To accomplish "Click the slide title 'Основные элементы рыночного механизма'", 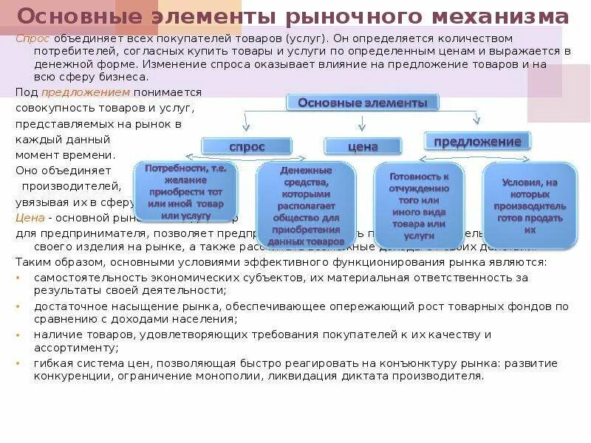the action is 293,17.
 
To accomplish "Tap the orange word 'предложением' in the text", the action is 86,92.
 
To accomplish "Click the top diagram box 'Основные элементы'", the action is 363,103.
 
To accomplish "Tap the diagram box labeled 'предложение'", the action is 477,141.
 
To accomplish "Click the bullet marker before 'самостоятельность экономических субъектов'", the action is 18,277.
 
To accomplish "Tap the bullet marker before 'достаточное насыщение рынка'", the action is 18,306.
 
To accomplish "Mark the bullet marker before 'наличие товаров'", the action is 18,334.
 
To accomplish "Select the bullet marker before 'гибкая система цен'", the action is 18,363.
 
